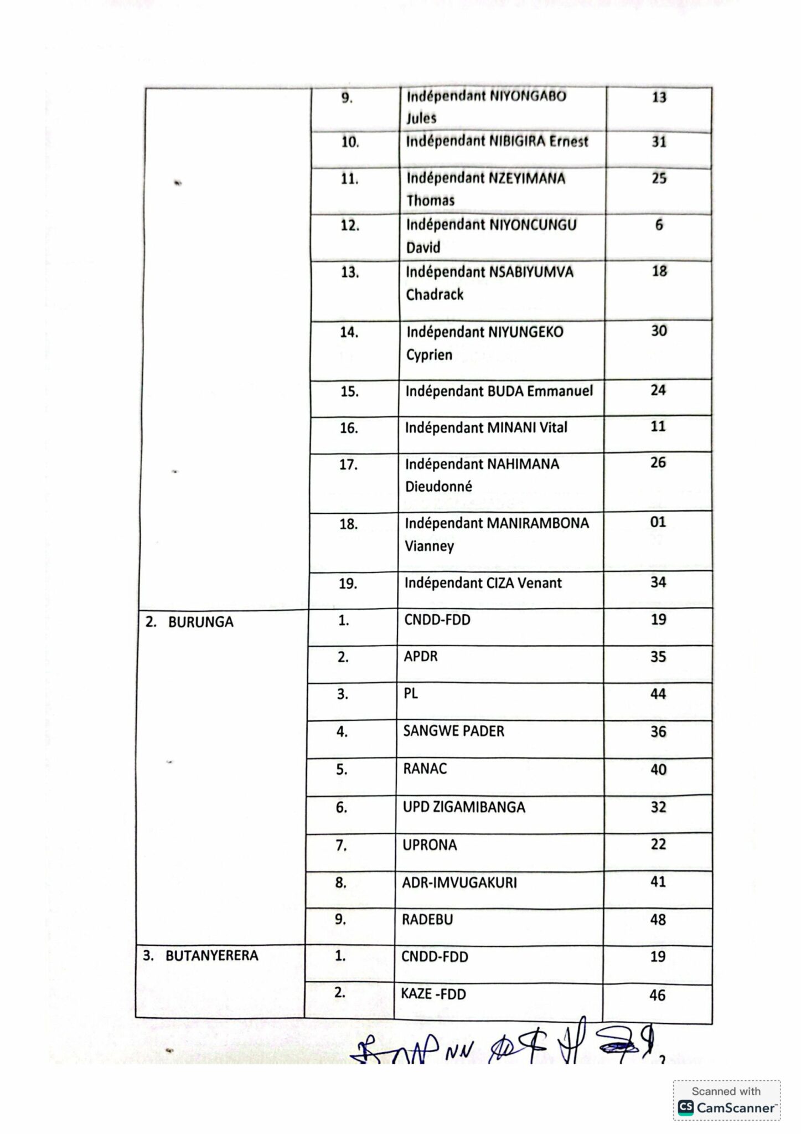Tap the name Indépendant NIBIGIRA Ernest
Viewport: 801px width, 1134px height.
(x=497, y=141)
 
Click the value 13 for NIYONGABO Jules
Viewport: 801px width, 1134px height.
(x=659, y=97)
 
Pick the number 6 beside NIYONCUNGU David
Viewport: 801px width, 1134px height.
(x=659, y=225)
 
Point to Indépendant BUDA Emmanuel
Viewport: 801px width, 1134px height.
(x=499, y=391)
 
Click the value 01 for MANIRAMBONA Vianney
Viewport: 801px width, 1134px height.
(x=658, y=522)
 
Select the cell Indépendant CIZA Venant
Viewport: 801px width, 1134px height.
(x=483, y=583)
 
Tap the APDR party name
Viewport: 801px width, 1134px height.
(x=421, y=656)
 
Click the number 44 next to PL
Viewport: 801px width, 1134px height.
(x=658, y=694)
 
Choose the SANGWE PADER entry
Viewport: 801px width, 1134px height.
(x=453, y=731)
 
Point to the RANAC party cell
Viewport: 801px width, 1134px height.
(x=425, y=769)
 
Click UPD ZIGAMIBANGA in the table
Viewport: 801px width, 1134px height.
(x=464, y=807)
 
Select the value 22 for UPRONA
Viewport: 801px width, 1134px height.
(x=658, y=844)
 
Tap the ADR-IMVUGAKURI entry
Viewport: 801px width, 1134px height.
(x=459, y=882)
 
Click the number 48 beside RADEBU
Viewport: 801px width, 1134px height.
(x=658, y=920)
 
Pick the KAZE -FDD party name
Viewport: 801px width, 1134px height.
(x=433, y=994)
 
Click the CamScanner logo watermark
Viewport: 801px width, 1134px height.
(x=726, y=1107)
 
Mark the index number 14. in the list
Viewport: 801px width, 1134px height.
(x=349, y=332)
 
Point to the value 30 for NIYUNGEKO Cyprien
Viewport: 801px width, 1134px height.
(x=659, y=331)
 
